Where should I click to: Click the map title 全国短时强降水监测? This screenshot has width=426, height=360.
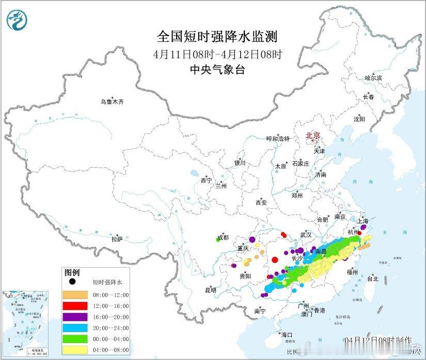tap(217, 37)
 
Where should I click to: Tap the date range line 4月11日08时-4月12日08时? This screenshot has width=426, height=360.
tap(217, 54)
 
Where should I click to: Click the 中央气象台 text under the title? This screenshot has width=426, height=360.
tap(217, 70)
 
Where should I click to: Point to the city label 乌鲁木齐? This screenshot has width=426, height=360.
tap(112, 102)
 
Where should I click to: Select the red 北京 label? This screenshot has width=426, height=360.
tap(313, 136)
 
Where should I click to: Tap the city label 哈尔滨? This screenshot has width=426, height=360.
tap(373, 78)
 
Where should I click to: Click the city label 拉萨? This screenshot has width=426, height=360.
tap(117, 239)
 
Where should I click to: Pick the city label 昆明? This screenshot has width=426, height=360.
tap(210, 290)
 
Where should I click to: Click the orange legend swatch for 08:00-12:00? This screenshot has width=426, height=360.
tap(74, 295)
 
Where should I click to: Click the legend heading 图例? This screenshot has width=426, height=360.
tap(72, 272)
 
